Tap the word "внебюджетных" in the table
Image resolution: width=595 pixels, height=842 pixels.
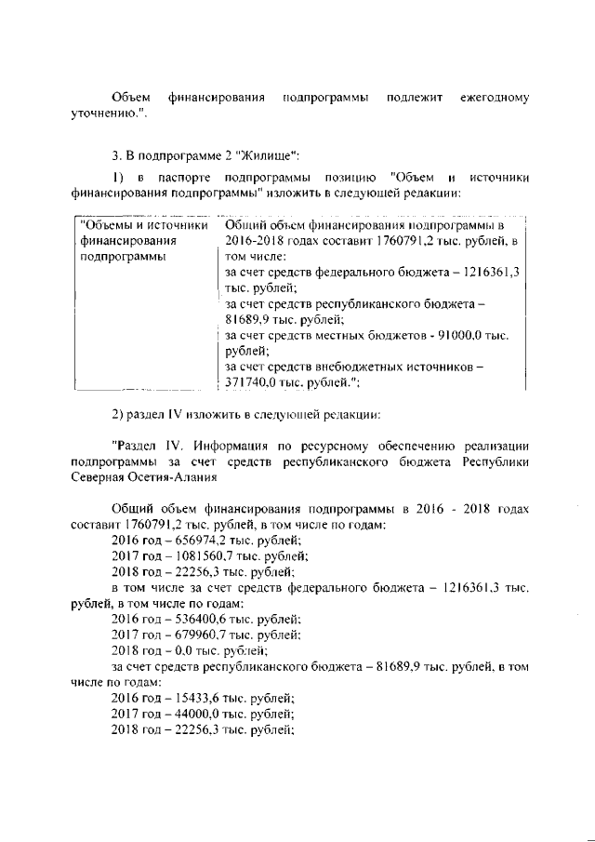tap(363, 367)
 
